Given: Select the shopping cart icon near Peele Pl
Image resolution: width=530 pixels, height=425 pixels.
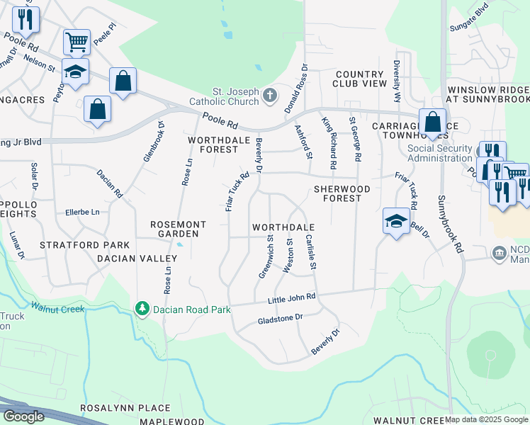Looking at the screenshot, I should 77,42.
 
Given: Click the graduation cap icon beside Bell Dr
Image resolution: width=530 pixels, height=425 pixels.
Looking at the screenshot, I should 396,220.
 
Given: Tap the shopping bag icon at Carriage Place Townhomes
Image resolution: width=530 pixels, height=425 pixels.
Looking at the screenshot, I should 432,121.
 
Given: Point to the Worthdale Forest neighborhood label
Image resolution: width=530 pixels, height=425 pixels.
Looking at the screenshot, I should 213,144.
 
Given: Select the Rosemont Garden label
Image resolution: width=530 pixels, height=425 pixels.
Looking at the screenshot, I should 178,229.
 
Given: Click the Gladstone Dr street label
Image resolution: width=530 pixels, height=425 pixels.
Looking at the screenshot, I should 279,319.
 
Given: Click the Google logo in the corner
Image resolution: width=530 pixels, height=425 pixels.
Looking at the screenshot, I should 23,416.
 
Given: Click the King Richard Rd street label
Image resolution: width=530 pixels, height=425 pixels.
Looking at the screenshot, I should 328,143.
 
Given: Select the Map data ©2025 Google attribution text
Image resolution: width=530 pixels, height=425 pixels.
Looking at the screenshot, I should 486,419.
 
